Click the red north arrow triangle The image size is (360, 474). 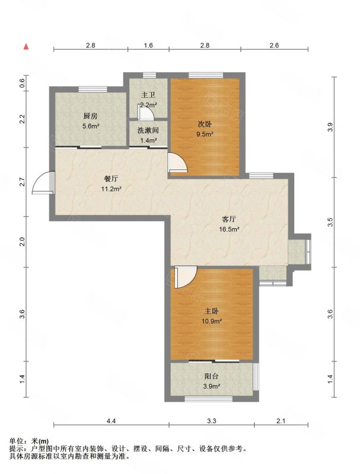pos(26,47)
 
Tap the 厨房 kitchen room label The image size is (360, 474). pos(91,116)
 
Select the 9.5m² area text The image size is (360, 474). pos(205,134)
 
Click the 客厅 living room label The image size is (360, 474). pos(229,219)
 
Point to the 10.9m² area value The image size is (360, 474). pos(212,321)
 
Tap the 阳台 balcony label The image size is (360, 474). pos(212,376)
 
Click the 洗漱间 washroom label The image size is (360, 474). pos(148,130)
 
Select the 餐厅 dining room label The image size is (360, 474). pos(111,179)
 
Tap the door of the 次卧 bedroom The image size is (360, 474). pos(178,162)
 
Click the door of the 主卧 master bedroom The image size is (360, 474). pos(186,277)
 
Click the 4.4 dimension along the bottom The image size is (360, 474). pos(111,421)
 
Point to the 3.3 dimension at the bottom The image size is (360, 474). pos(212,421)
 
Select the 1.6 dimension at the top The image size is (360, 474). pos(148,46)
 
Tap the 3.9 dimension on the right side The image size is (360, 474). pos(330,127)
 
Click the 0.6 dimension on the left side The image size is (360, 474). pos(22,83)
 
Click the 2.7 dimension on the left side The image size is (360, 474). pos(22,182)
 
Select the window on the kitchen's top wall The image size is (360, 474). pos(93,89)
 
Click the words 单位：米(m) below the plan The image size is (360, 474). pos(29,441)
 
